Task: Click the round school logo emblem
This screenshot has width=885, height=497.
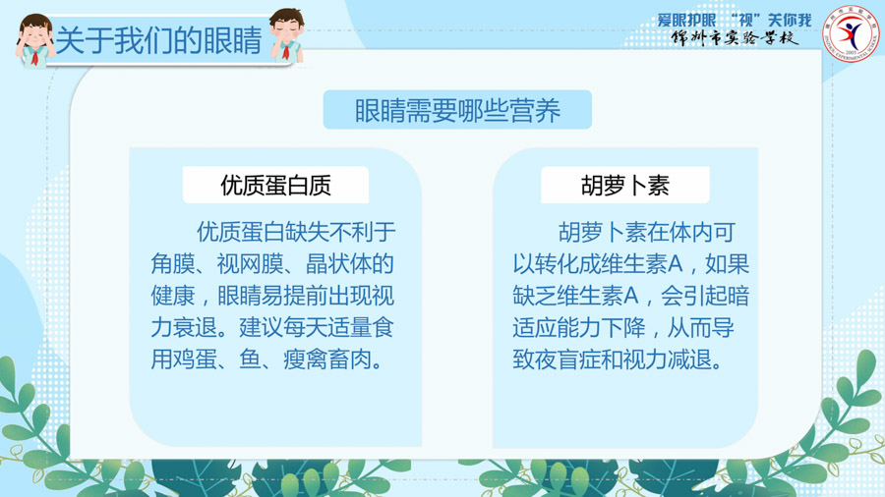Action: pyautogui.click(x=851, y=33)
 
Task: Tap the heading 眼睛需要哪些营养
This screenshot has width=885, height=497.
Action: pyautogui.click(x=457, y=110)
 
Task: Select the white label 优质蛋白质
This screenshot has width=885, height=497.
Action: pyautogui.click(x=275, y=185)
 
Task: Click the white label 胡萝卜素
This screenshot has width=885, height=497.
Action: pyautogui.click(x=624, y=185)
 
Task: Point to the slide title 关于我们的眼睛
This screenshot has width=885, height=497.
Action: pyautogui.click(x=159, y=40)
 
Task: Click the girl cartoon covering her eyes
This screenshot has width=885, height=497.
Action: pyautogui.click(x=35, y=40)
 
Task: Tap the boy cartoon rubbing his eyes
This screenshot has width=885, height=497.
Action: pyautogui.click(x=287, y=35)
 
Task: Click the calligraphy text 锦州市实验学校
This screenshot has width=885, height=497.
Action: pyautogui.click(x=735, y=38)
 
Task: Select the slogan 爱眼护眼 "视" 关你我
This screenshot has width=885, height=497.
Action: pyautogui.click(x=735, y=21)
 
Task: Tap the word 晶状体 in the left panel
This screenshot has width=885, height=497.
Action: pyautogui.click(x=338, y=263)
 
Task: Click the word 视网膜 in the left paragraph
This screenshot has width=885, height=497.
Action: pyautogui.click(x=250, y=263)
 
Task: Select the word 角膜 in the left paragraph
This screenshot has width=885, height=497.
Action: pyautogui.click(x=173, y=263)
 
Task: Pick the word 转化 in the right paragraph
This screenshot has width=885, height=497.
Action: pyautogui.click(x=558, y=263)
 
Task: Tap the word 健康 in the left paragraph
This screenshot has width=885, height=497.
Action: pyautogui.click(x=173, y=296)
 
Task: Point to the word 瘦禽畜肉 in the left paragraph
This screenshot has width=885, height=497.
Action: pyautogui.click(x=327, y=359)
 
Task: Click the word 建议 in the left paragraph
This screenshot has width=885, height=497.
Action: pyautogui.click(x=262, y=327)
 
